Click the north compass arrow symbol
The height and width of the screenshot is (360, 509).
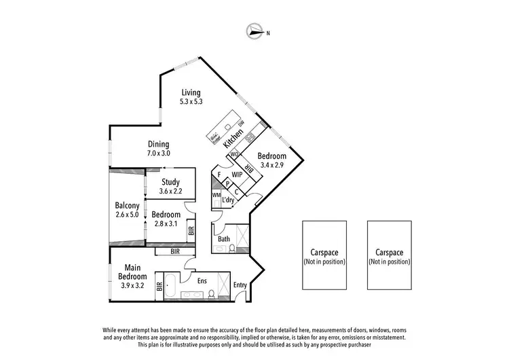coord(257,31)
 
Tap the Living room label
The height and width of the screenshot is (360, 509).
coord(192,93)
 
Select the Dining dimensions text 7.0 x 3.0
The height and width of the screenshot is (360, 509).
coord(159,154)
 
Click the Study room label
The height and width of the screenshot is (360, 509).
coord(170,182)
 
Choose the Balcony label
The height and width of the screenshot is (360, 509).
coord(127,206)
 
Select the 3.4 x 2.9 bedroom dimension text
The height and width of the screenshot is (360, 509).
coord(271,164)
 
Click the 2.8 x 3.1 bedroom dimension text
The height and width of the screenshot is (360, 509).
coord(166,223)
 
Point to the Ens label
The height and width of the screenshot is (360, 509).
coord(202,280)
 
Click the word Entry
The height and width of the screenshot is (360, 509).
coord(240,285)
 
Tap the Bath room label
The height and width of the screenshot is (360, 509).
coord(223,239)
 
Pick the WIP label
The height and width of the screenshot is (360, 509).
coord(237,175)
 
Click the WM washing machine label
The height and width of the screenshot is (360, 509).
coord(216,196)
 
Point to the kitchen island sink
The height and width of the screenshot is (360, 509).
coord(228,127)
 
